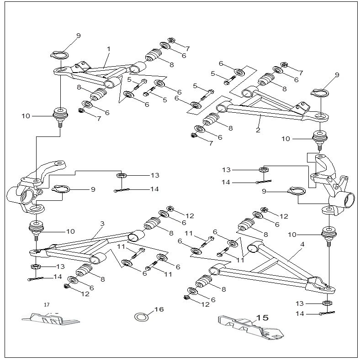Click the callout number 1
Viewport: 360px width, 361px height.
[109, 48]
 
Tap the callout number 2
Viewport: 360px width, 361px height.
[258, 130]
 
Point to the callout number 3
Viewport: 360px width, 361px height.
[102, 224]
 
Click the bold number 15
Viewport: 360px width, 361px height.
[263, 318]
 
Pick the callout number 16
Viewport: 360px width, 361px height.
[159, 309]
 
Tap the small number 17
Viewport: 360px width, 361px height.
[46, 304]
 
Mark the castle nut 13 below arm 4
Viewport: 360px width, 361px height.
[327, 303]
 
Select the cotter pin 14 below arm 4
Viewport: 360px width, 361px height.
[327, 313]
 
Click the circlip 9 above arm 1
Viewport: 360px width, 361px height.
[60, 55]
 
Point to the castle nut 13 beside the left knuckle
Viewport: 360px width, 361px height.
[121, 175]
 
